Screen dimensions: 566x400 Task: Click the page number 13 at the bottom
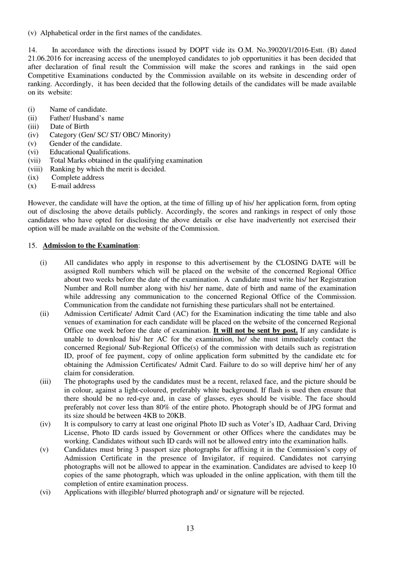(x=190, y=528)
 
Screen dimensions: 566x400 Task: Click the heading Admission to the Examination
(x=90, y=245)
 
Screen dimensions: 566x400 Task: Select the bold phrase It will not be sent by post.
(x=256, y=331)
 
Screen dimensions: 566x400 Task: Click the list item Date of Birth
(x=69, y=127)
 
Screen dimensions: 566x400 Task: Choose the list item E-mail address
(x=73, y=186)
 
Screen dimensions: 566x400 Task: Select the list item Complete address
(x=77, y=178)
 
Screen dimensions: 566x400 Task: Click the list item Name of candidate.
(x=78, y=110)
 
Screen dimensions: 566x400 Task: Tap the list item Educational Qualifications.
(x=90, y=152)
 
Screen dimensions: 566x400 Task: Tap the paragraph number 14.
(x=32, y=50)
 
